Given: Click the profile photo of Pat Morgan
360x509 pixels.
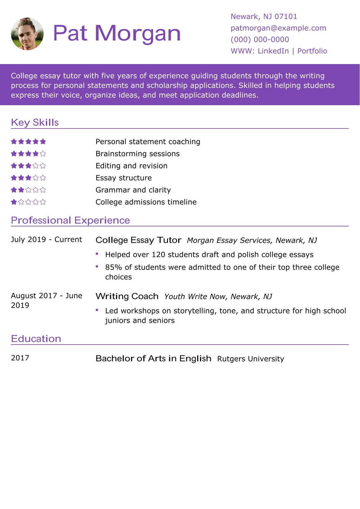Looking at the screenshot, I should (27, 34).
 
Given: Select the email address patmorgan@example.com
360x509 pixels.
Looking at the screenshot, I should (278, 28).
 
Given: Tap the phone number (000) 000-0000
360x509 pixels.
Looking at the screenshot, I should (260, 40).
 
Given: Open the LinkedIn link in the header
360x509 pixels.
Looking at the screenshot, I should (273, 51).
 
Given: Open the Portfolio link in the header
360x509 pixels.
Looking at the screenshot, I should (312, 51).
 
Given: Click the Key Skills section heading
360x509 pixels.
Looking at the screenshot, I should (35, 122).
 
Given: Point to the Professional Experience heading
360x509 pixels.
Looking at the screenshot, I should (70, 220).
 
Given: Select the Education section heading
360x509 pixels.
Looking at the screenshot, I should (36, 339).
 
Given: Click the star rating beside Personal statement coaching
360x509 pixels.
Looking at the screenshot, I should (28, 141).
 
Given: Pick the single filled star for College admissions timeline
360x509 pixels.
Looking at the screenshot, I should (14, 202).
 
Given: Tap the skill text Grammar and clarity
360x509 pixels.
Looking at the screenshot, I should (133, 190).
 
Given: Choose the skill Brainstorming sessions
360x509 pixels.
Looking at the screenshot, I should (137, 154).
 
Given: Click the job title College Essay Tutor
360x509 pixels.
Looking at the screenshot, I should (138, 240).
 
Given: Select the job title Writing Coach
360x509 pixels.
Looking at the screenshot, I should (127, 296).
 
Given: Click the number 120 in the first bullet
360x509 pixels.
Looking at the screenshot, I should (158, 254).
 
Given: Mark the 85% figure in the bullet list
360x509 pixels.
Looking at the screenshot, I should (113, 267).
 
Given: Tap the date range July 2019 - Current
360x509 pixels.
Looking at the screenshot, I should (46, 239).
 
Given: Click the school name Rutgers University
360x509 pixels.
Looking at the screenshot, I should (250, 359).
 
